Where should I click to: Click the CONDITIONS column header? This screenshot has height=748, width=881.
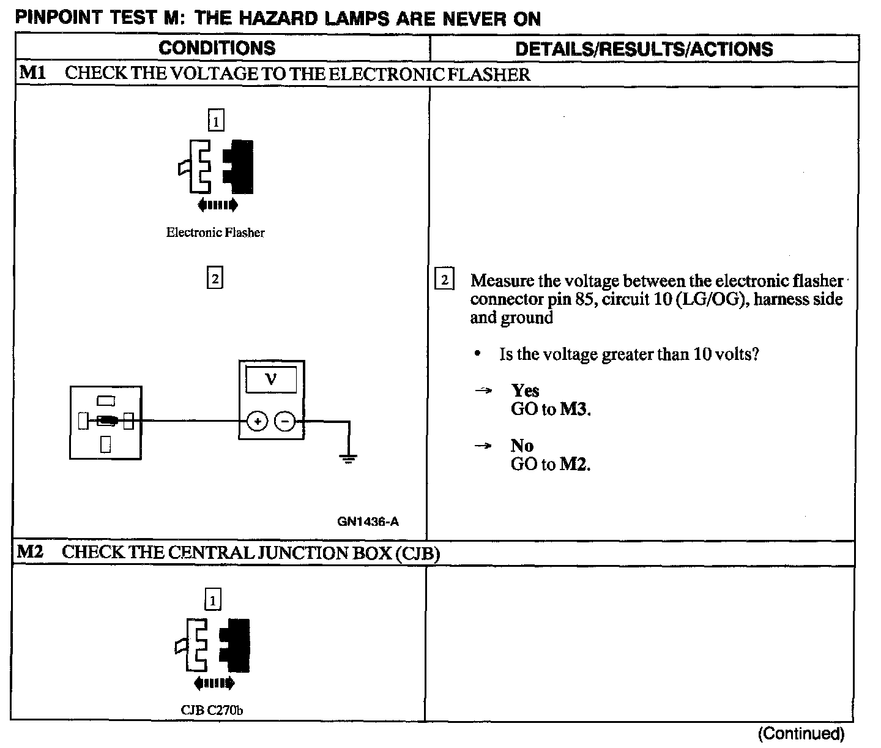coord(217,48)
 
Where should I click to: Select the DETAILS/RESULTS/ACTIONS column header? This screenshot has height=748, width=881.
coord(644,49)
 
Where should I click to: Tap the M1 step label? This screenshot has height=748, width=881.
coord(32,73)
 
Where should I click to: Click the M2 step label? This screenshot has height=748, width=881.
coord(30,552)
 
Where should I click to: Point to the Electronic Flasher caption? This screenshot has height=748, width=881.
coord(215,233)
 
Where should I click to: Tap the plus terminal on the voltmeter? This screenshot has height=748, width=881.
coord(258,421)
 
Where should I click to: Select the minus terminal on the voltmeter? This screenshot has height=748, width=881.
coord(284,421)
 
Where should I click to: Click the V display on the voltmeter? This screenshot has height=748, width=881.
coord(271,380)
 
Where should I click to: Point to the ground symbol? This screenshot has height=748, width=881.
coord(348,458)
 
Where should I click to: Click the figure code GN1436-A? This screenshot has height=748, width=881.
coord(368,522)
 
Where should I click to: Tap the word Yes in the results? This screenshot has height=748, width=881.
coord(526,391)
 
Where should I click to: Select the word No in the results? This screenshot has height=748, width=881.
coord(522,446)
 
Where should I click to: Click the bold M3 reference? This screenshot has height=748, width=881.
coord(575,410)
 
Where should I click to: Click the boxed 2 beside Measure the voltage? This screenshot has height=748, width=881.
coord(444,280)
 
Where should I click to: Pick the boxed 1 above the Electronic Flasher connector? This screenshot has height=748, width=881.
coord(216,121)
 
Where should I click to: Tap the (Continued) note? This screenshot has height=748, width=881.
coord(801,733)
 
